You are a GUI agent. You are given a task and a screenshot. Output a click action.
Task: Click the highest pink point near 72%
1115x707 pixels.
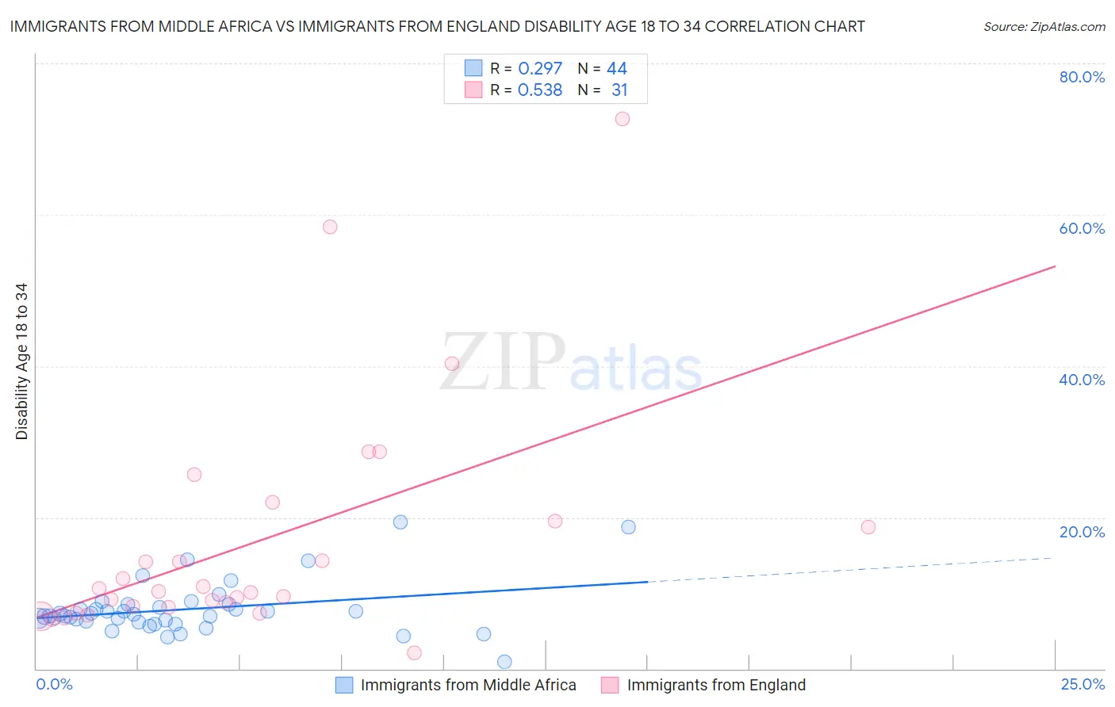click(x=623, y=119)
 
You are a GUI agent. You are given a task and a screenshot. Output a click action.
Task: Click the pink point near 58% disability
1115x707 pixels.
click(x=330, y=227)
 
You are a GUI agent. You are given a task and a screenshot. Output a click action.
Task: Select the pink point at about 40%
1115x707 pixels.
click(x=452, y=364)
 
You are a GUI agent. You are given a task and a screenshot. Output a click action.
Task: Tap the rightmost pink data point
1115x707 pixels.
click(x=868, y=527)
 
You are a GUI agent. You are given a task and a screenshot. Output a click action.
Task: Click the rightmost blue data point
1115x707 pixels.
click(x=628, y=527)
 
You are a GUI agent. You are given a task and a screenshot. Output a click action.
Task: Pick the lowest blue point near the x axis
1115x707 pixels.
click(x=504, y=662)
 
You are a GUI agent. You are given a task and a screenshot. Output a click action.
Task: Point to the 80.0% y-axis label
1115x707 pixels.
click(x=1082, y=77)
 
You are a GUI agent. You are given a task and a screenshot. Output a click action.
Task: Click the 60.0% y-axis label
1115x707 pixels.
click(x=1082, y=228)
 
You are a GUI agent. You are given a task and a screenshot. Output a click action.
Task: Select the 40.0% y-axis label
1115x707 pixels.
click(x=1082, y=380)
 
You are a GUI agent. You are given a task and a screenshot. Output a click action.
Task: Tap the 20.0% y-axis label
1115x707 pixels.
click(x=1082, y=532)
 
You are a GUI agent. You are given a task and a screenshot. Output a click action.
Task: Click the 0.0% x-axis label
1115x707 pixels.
click(x=54, y=684)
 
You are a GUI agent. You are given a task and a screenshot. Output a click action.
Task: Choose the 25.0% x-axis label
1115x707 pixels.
click(x=1082, y=684)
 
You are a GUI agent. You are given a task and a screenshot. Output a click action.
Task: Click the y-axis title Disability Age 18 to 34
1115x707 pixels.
click(x=21, y=361)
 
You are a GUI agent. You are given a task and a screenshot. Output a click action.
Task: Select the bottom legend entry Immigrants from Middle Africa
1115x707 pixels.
click(x=468, y=685)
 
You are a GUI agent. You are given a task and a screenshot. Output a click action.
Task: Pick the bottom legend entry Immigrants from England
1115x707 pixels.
click(x=715, y=685)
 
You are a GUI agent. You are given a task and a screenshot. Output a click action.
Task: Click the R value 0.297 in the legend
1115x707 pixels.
click(x=540, y=68)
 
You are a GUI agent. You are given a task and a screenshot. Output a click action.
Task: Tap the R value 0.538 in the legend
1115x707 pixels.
click(x=540, y=90)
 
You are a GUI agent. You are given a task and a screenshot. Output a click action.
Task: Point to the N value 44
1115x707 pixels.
click(x=617, y=68)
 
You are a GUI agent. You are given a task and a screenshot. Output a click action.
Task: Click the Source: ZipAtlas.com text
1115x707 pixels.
click(x=1044, y=27)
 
